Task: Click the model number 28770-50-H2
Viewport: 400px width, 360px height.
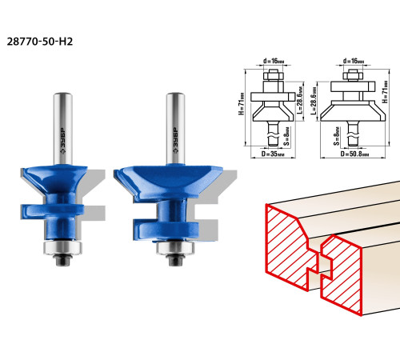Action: pos(40,42)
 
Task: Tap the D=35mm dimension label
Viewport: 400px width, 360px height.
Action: pos(273,154)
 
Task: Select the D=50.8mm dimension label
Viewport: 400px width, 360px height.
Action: pos(355,154)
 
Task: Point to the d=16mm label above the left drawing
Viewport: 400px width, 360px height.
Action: pos(274,61)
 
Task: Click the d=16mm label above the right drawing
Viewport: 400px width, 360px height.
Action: pos(354,61)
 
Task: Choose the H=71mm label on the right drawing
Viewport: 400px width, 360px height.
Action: pos(385,92)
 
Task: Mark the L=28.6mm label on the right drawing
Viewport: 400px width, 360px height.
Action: pos(314,101)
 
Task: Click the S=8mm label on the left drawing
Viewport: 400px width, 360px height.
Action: pos(286,136)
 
